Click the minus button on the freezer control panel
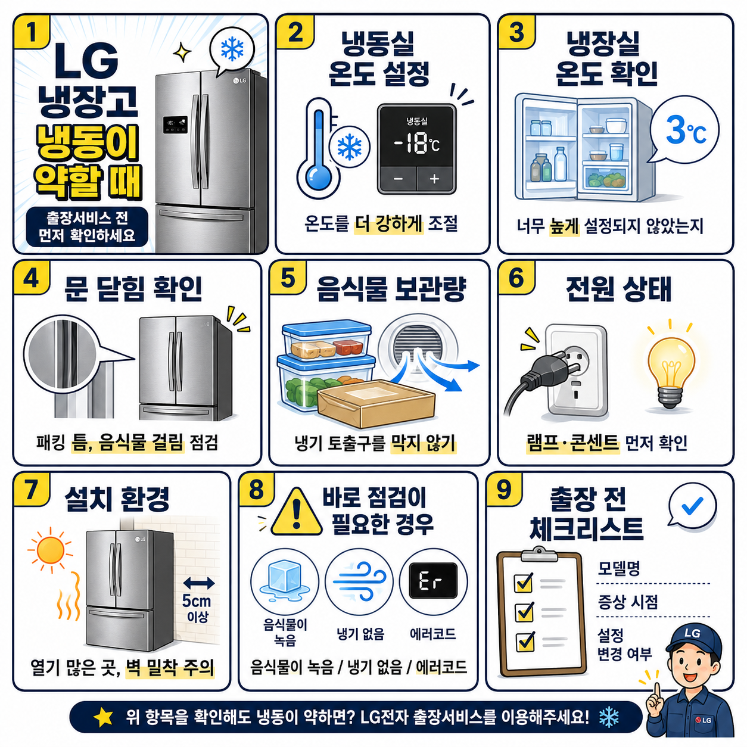[398, 179]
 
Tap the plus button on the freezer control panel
[434, 179]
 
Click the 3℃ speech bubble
[684, 130]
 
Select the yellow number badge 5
[288, 278]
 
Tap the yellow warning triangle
[297, 512]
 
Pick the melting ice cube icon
[285, 580]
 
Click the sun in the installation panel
[51, 550]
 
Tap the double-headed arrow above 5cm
[199, 583]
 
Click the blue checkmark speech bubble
[692, 506]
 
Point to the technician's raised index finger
[656, 693]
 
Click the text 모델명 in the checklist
[619, 568]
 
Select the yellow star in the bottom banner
[104, 717]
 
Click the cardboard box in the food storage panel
[375, 403]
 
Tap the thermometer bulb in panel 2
[318, 178]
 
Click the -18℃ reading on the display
[417, 144]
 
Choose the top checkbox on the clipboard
[524, 582]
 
